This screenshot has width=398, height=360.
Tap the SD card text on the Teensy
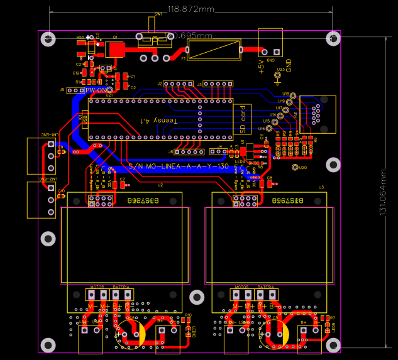coord(243,119)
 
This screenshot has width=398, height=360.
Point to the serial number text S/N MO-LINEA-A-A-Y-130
coord(178,167)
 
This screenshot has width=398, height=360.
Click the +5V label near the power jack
coord(262,65)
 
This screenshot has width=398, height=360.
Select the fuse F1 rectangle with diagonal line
coord(214,49)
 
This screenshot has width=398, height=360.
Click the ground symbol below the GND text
coord(278,79)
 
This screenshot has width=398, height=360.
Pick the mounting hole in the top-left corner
coord(48,39)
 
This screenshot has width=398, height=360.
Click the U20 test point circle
coord(296,167)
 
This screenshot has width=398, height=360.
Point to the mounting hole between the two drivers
coord(197,297)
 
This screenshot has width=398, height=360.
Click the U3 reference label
coord(321,187)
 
